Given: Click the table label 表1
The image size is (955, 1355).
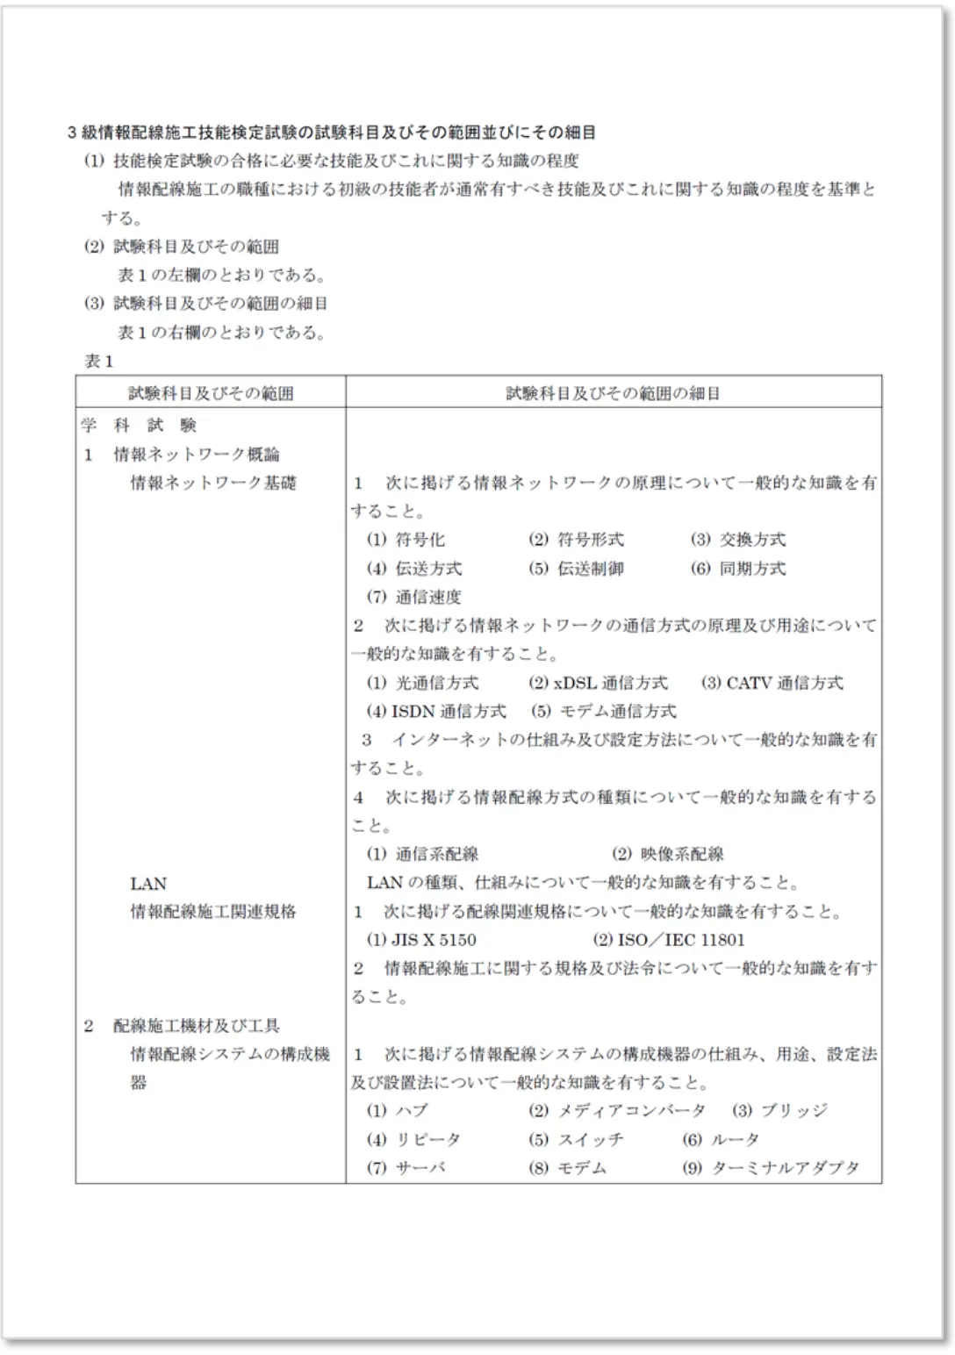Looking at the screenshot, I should [x=98, y=362].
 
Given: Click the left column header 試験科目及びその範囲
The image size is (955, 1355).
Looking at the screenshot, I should [x=211, y=393].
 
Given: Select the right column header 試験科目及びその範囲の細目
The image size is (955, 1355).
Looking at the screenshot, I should [x=613, y=393].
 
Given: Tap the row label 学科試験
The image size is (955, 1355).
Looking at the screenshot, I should [x=140, y=426].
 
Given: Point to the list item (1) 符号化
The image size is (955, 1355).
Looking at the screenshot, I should [x=406, y=540].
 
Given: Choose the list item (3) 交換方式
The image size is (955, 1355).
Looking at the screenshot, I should [x=738, y=540].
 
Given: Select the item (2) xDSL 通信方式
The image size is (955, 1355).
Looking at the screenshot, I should [x=598, y=683].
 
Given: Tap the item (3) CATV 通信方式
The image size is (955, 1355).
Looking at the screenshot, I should [x=772, y=683].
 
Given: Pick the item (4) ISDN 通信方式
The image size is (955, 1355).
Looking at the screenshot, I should [x=436, y=711].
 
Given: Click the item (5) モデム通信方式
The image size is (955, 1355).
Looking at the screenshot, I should [x=603, y=711].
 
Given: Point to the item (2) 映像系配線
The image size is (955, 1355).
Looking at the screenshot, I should [x=668, y=854].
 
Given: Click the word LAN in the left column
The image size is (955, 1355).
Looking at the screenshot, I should [x=148, y=883].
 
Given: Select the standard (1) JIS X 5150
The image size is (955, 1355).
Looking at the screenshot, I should [x=421, y=940].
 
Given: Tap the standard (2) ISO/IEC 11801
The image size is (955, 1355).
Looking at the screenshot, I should [x=669, y=940].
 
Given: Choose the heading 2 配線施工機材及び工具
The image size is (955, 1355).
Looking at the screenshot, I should [x=182, y=1025].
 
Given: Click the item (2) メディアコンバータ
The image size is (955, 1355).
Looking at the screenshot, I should [x=617, y=1111].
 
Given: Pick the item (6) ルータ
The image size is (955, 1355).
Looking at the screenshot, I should [x=721, y=1139].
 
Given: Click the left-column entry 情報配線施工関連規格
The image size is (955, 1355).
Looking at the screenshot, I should [x=213, y=912].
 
